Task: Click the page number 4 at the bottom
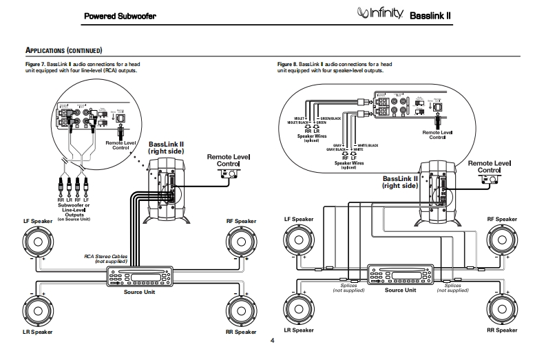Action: click(x=273, y=341)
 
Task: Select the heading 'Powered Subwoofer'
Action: click(x=125, y=14)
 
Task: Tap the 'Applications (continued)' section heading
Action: click(x=64, y=51)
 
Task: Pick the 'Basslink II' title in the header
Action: click(x=432, y=14)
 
